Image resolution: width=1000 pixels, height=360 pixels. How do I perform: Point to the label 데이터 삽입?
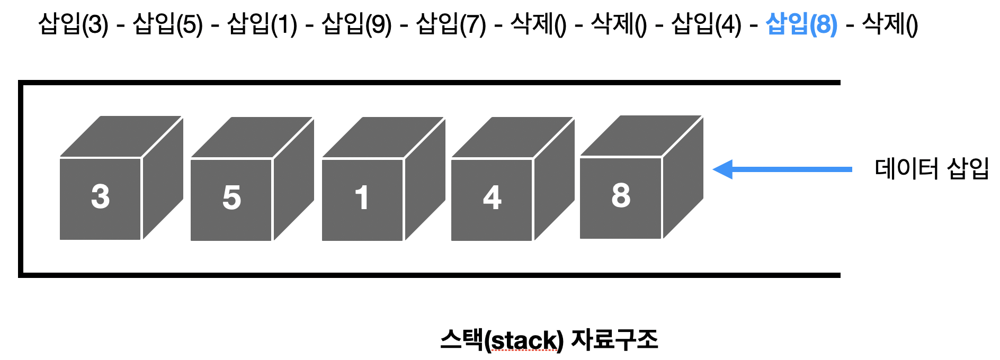click(x=932, y=169)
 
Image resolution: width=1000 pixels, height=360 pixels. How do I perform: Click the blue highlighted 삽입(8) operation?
click(x=801, y=24)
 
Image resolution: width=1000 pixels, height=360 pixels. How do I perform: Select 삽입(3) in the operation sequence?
click(x=73, y=24)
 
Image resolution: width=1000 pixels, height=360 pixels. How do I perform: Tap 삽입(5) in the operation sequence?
click(x=167, y=24)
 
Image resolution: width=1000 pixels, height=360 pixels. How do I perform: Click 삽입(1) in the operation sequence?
click(x=262, y=24)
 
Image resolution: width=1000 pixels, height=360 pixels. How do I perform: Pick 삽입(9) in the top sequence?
click(x=356, y=24)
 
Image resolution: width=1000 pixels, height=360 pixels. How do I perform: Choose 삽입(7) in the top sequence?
click(x=451, y=24)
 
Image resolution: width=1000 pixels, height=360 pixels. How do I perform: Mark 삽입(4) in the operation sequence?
click(x=706, y=24)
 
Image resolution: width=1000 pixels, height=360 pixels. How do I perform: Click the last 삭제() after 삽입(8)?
click(x=890, y=24)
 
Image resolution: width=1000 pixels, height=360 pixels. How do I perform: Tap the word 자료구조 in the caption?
click(x=614, y=339)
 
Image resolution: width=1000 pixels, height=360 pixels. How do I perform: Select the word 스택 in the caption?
click(x=461, y=339)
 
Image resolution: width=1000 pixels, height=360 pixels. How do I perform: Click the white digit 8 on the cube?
click(x=621, y=195)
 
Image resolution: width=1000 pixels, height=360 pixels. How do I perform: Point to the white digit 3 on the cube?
click(x=101, y=196)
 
